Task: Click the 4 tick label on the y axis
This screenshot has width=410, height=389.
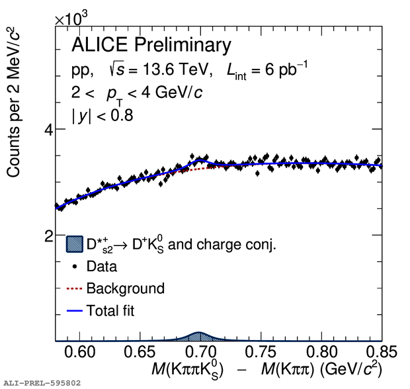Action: tap(48, 130)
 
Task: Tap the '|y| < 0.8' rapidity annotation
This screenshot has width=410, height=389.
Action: tap(102, 116)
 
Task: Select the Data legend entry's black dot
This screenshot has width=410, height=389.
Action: tap(75, 267)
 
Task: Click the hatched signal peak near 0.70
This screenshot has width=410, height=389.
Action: tap(198, 337)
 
